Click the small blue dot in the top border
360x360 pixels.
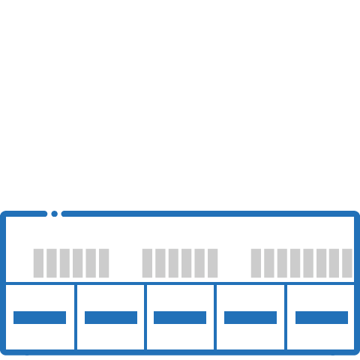tap(54, 214)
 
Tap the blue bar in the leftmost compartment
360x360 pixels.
tap(40, 317)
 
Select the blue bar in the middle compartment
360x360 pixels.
tap(180, 317)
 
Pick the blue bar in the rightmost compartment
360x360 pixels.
tap(322, 317)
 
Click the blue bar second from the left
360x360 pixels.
tap(111, 317)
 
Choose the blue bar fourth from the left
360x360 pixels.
tap(250, 317)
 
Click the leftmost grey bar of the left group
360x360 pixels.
tap(38, 262)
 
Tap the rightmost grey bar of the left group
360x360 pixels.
tap(103, 262)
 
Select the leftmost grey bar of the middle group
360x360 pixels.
tap(148, 262)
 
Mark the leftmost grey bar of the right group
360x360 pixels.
tap(256, 262)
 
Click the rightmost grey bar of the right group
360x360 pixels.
tap(346, 262)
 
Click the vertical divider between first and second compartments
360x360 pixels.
tap(76, 316)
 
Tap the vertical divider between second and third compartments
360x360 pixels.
tap(145, 316)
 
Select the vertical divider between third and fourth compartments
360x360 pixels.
tap(216, 316)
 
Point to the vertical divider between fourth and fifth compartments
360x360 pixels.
tap(286, 316)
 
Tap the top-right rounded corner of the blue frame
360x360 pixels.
tap(355, 216)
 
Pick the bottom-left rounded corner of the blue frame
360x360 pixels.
tap(4, 349)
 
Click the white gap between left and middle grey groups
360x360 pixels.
tap(125, 262)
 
